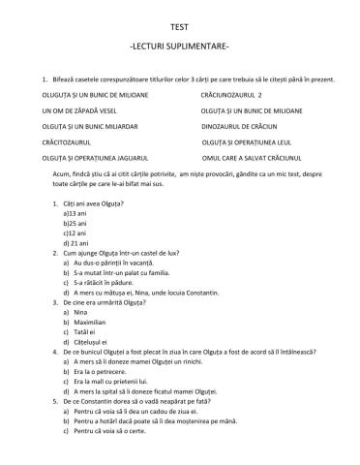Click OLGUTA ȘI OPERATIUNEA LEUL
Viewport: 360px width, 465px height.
(249, 140)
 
